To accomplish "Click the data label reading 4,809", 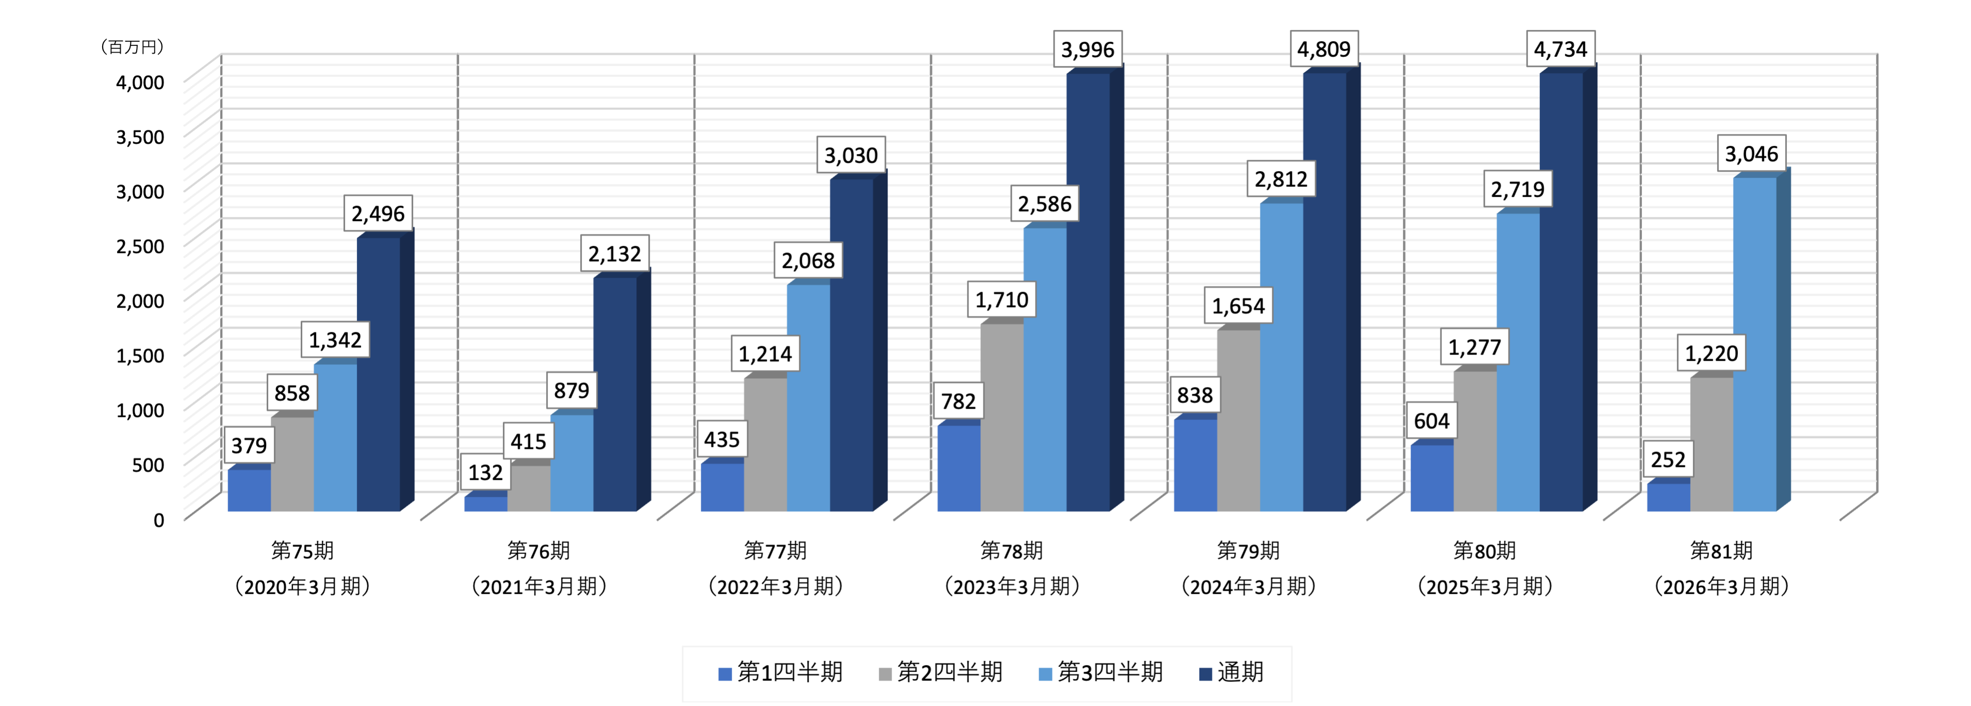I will [1324, 49].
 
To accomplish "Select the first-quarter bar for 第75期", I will [250, 490].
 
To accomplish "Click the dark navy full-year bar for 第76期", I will [615, 394].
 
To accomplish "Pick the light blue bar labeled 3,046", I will [1754, 344].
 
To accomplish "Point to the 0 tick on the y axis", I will [158, 520].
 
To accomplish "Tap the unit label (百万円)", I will [133, 47].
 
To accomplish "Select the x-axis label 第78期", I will [1011, 551].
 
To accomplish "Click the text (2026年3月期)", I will [1721, 586].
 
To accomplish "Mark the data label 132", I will [485, 473].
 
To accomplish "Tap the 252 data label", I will [1668, 460].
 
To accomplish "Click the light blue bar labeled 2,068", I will [808, 398].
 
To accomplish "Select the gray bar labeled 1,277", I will [1475, 441].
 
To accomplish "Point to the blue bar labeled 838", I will [1195, 465].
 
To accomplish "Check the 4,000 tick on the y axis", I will [140, 82].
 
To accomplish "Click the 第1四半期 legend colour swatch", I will [725, 674].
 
